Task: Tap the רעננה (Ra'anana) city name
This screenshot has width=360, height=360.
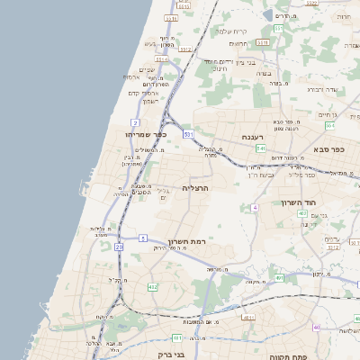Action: click(253, 137)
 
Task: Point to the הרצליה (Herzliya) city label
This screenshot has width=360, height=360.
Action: click(195, 187)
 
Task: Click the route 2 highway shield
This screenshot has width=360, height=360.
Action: click(133, 121)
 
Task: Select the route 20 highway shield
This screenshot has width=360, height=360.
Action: click(119, 246)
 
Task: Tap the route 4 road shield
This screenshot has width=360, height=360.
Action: click(255, 208)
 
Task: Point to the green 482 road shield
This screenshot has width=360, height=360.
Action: click(153, 287)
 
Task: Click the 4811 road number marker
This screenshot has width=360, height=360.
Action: click(248, 317)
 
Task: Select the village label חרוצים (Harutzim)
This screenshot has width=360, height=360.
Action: click(238, 43)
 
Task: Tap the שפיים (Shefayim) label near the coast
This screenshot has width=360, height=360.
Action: click(148, 70)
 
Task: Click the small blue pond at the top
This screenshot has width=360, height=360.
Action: click(270, 14)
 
